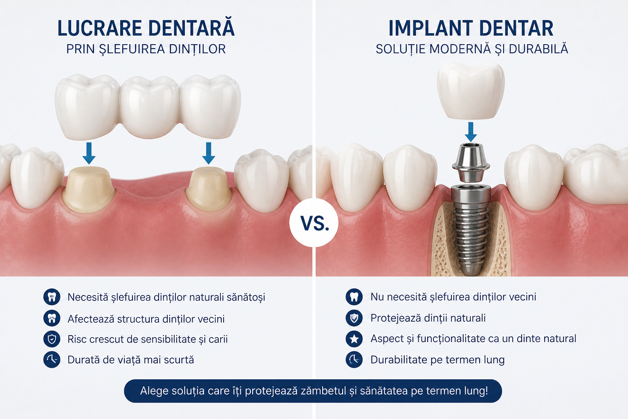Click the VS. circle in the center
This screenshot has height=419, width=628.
tap(314, 223)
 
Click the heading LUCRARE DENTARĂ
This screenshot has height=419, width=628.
tap(146, 28)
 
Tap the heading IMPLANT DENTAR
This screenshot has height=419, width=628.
tap(471, 28)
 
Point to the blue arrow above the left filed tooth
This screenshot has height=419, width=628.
tap(89, 153)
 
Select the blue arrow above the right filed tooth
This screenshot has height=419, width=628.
tap(209, 153)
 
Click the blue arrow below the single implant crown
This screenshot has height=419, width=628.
tap(471, 132)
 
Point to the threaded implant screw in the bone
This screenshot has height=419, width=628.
tap(471, 230)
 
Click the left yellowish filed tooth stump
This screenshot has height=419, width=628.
tap(89, 189)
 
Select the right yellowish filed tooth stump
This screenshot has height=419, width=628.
tap(209, 189)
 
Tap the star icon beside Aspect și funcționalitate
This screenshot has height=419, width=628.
tap(354, 339)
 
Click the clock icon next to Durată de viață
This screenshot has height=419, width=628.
tap(52, 360)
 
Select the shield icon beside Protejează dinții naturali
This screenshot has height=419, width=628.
tap(354, 318)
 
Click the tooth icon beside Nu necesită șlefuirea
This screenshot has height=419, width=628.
tap(354, 297)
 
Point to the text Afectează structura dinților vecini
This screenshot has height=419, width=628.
tap(146, 319)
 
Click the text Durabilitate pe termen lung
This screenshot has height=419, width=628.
tap(437, 360)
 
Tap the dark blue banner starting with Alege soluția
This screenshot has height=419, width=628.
tap(313, 391)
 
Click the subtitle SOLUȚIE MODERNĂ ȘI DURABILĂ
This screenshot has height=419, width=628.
tap(472, 49)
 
